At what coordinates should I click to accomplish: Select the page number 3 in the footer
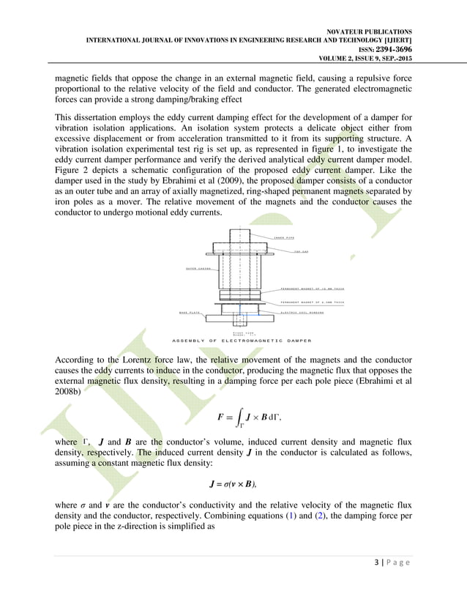(375, 582)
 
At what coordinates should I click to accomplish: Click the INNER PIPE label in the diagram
(284, 238)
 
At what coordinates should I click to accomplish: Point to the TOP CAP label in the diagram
(300, 251)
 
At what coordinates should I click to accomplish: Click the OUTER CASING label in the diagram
(198, 269)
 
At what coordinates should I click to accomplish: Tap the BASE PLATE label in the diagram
(190, 313)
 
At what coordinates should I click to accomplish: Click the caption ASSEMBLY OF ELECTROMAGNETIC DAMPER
(241, 341)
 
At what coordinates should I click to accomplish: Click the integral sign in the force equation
(240, 417)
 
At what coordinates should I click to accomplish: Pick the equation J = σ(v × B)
(233, 483)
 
